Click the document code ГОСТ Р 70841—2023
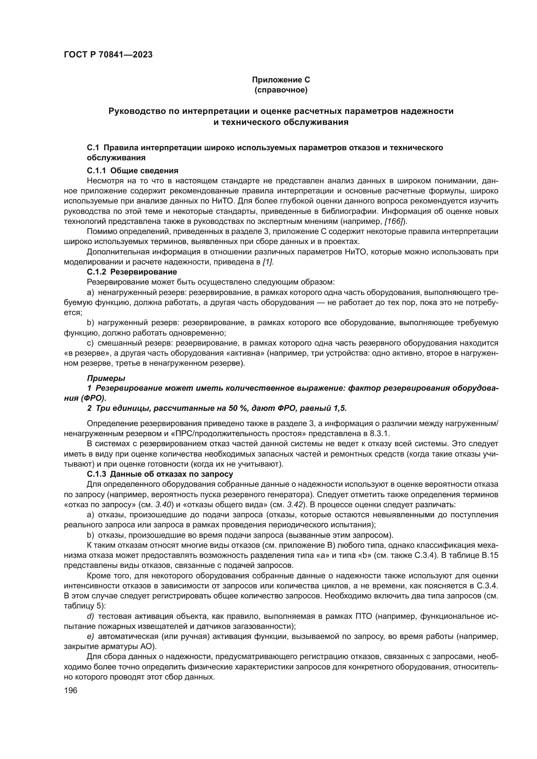108,55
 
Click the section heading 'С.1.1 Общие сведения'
132,171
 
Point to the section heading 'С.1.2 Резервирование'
132,272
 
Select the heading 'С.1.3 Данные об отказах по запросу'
160,474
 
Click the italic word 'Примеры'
106,378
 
